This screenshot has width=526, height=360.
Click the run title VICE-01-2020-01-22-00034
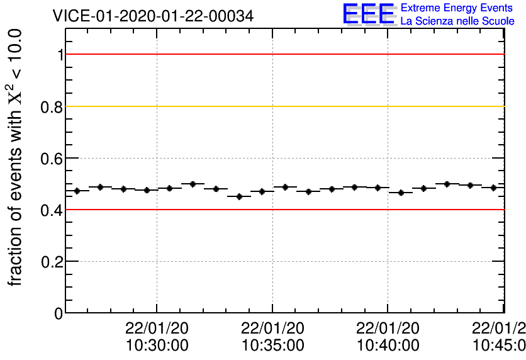tap(154, 16)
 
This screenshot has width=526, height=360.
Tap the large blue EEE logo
tap(368, 14)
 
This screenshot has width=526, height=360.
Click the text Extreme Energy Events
tap(456, 8)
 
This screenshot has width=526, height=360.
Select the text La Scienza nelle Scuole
tap(457, 21)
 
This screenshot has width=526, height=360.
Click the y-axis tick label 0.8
tap(52, 106)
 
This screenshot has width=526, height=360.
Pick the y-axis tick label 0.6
tap(52, 158)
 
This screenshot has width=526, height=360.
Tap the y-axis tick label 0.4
tap(52, 210)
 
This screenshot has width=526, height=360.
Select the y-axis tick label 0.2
tap(52, 261)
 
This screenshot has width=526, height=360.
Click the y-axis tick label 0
tap(59, 313)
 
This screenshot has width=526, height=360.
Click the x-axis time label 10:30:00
tap(157, 345)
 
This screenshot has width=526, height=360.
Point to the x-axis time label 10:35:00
tap(272, 345)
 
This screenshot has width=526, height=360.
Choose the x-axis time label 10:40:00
tap(388, 345)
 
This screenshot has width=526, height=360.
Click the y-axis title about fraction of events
tap(16, 157)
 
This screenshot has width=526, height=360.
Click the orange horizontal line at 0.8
tap(283, 106)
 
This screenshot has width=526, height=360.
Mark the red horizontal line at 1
tap(283, 54)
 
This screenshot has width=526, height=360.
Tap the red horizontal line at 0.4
tap(283, 210)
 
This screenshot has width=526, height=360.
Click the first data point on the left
tap(77, 191)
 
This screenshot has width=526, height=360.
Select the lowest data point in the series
tap(239, 196)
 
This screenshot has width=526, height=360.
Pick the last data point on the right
tap(493, 188)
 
